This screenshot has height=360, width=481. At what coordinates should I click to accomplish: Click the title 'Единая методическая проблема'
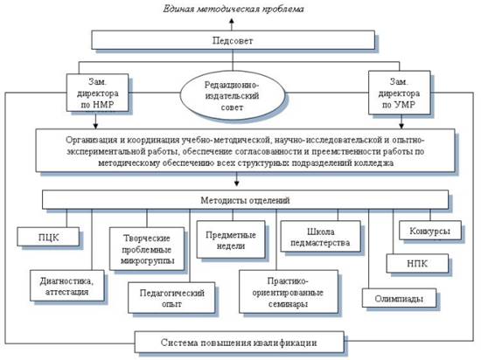click(234, 9)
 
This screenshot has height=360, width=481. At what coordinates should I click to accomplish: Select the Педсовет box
click(234, 40)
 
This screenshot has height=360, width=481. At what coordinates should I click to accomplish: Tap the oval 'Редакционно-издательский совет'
click(233, 96)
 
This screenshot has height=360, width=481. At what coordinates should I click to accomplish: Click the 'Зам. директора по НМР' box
click(97, 93)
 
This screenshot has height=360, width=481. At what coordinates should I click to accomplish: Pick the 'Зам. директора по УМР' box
click(399, 93)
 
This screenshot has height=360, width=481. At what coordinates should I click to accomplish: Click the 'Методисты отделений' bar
click(245, 200)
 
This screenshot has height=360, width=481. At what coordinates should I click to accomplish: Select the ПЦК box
click(48, 237)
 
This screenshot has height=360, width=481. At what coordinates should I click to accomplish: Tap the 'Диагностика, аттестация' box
click(66, 286)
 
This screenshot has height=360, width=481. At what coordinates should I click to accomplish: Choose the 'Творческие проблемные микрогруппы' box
click(147, 249)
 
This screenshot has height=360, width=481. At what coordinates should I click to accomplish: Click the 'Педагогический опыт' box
click(171, 297)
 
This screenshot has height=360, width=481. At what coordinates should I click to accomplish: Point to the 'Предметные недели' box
click(231, 239)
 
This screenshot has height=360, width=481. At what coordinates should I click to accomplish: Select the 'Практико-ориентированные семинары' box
click(289, 292)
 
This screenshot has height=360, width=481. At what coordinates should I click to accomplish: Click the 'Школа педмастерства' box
click(321, 237)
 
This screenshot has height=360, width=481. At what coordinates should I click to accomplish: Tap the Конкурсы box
click(429, 231)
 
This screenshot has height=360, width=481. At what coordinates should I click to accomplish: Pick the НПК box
click(417, 264)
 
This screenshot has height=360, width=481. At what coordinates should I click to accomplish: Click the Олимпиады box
click(399, 298)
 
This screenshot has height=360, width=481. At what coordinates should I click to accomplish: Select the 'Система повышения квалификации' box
click(240, 342)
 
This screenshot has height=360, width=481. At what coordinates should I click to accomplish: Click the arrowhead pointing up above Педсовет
click(233, 21)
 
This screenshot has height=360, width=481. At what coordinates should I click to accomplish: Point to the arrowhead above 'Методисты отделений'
click(236, 183)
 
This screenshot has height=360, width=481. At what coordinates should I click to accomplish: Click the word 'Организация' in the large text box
click(92, 140)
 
